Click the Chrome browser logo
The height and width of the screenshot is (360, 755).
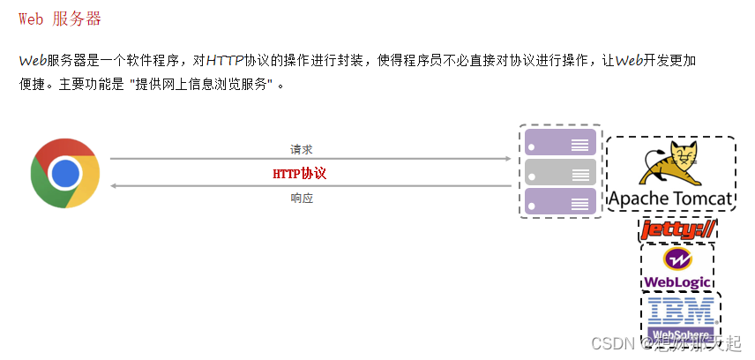tap(65, 172)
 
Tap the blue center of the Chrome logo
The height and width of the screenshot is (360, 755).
tap(65, 172)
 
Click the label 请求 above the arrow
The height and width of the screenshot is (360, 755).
tap(302, 149)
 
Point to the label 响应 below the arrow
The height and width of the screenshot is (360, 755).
tap(302, 199)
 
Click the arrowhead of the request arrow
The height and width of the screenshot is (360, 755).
tap(507, 159)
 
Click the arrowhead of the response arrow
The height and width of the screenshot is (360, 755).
tap(114, 186)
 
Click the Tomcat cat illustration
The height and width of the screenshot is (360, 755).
tap(671, 163)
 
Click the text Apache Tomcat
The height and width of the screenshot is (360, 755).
tap(671, 199)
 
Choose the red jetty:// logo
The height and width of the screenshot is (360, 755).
tap(677, 230)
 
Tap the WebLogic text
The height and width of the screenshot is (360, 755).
tap(677, 282)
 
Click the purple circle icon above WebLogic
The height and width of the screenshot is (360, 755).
tap(677, 260)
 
